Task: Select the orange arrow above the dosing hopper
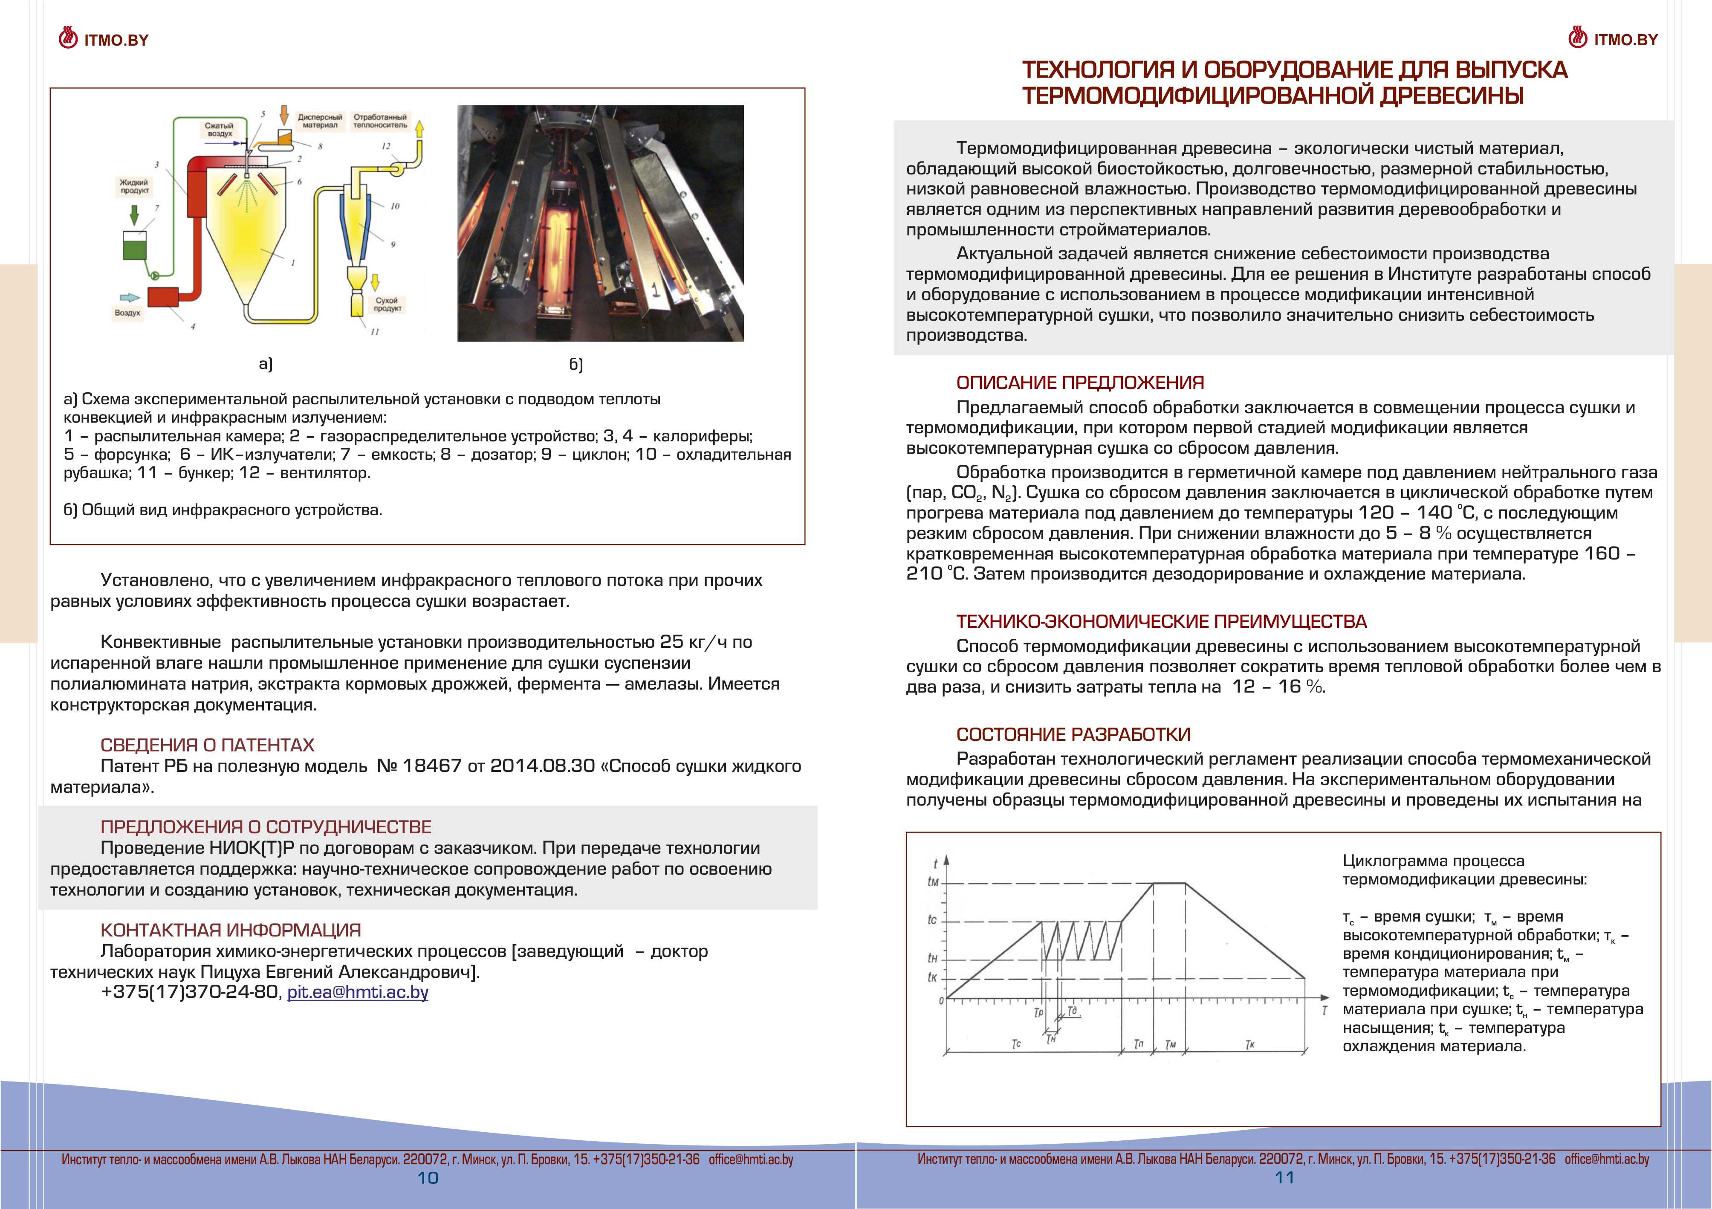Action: click(283, 115)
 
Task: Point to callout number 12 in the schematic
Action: click(385, 146)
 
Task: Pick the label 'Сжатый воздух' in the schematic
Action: click(219, 130)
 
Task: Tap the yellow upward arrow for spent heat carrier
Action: click(420, 130)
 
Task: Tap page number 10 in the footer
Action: click(428, 1178)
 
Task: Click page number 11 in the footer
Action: click(1284, 1178)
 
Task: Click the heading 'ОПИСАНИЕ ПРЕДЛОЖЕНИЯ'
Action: click(1080, 383)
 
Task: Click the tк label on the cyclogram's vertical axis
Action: click(932, 977)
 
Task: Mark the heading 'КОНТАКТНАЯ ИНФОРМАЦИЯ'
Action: click(230, 930)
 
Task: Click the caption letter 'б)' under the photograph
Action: click(575, 364)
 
